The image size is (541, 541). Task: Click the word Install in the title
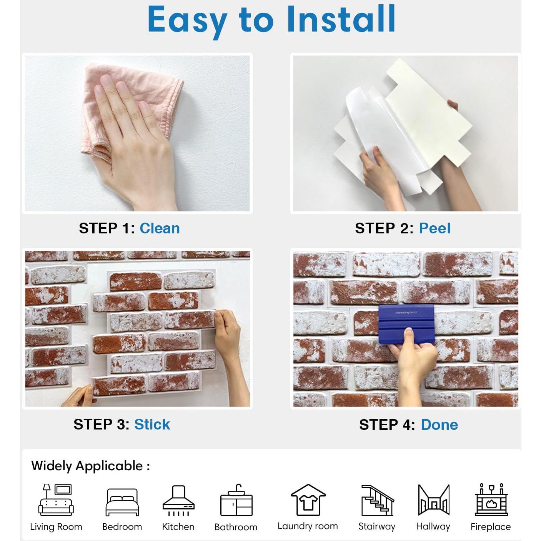pyautogui.click(x=341, y=19)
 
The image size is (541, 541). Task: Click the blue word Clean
pyautogui.click(x=160, y=228)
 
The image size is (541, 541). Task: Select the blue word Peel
pyautogui.click(x=434, y=228)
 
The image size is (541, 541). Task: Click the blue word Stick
pyautogui.click(x=152, y=424)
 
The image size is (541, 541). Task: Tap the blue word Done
pyautogui.click(x=439, y=425)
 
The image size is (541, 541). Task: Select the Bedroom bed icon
pyautogui.click(x=122, y=502)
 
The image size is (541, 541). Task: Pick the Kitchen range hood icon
pyautogui.click(x=178, y=500)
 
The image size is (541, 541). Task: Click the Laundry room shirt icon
pyautogui.click(x=308, y=500)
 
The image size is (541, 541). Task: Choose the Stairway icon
pyautogui.click(x=377, y=500)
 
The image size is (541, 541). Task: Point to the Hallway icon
pyautogui.click(x=433, y=500)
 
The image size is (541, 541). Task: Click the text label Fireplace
pyautogui.click(x=491, y=527)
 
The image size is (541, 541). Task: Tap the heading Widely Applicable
pyautogui.click(x=90, y=466)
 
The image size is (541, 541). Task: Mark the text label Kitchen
pyautogui.click(x=178, y=527)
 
